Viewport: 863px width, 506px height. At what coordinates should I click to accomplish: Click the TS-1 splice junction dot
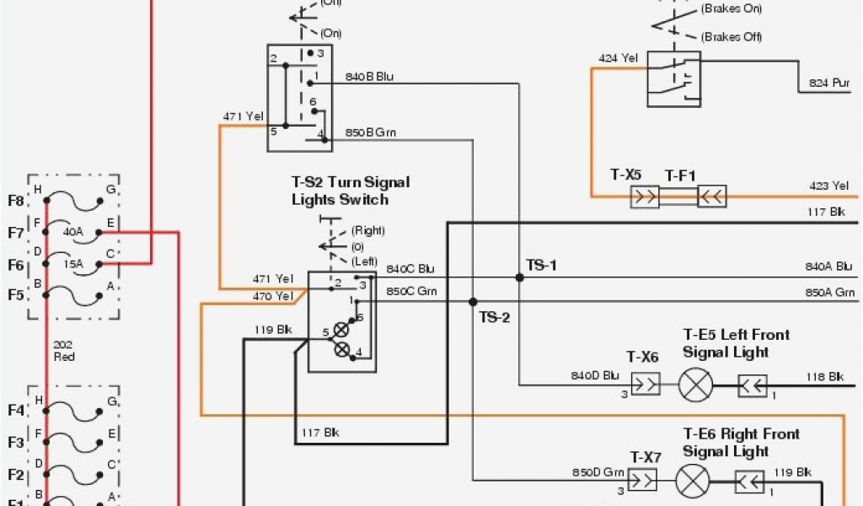pos(519,277)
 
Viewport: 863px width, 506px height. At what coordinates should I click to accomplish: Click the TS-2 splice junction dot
pos(473,301)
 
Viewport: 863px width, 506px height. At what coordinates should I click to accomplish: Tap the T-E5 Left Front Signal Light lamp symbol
pos(695,386)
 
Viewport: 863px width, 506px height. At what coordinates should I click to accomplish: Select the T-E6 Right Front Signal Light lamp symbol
pos(693,482)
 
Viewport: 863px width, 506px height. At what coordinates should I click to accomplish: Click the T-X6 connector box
pos(646,385)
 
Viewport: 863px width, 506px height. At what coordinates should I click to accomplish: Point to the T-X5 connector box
pos(646,196)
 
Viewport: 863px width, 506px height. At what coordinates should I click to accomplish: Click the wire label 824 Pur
pos(830,83)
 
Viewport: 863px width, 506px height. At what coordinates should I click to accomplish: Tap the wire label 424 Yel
pos(618,58)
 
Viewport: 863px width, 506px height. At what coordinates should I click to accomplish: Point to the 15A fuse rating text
pos(75,263)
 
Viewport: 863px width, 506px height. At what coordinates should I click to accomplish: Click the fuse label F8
pos(16,201)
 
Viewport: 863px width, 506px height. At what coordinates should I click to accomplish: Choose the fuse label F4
pos(16,411)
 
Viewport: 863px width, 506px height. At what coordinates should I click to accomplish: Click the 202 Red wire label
pos(63,351)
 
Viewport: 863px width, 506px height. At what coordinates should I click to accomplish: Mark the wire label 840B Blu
pos(369,77)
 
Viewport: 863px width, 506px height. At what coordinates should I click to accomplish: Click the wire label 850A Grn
pos(829,293)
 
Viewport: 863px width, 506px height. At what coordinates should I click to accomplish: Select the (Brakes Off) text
pos(732,37)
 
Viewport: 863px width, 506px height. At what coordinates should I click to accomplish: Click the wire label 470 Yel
pos(273,296)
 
